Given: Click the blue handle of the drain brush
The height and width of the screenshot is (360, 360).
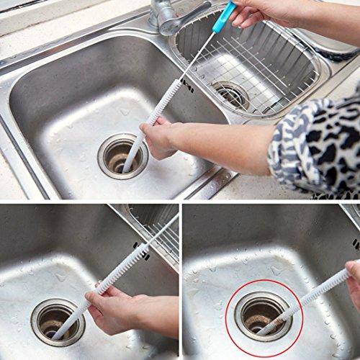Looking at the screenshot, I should coord(225,17).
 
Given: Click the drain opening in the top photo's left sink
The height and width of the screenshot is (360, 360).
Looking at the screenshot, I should coord(122,154).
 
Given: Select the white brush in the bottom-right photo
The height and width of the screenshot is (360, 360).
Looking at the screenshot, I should coord(310,295).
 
